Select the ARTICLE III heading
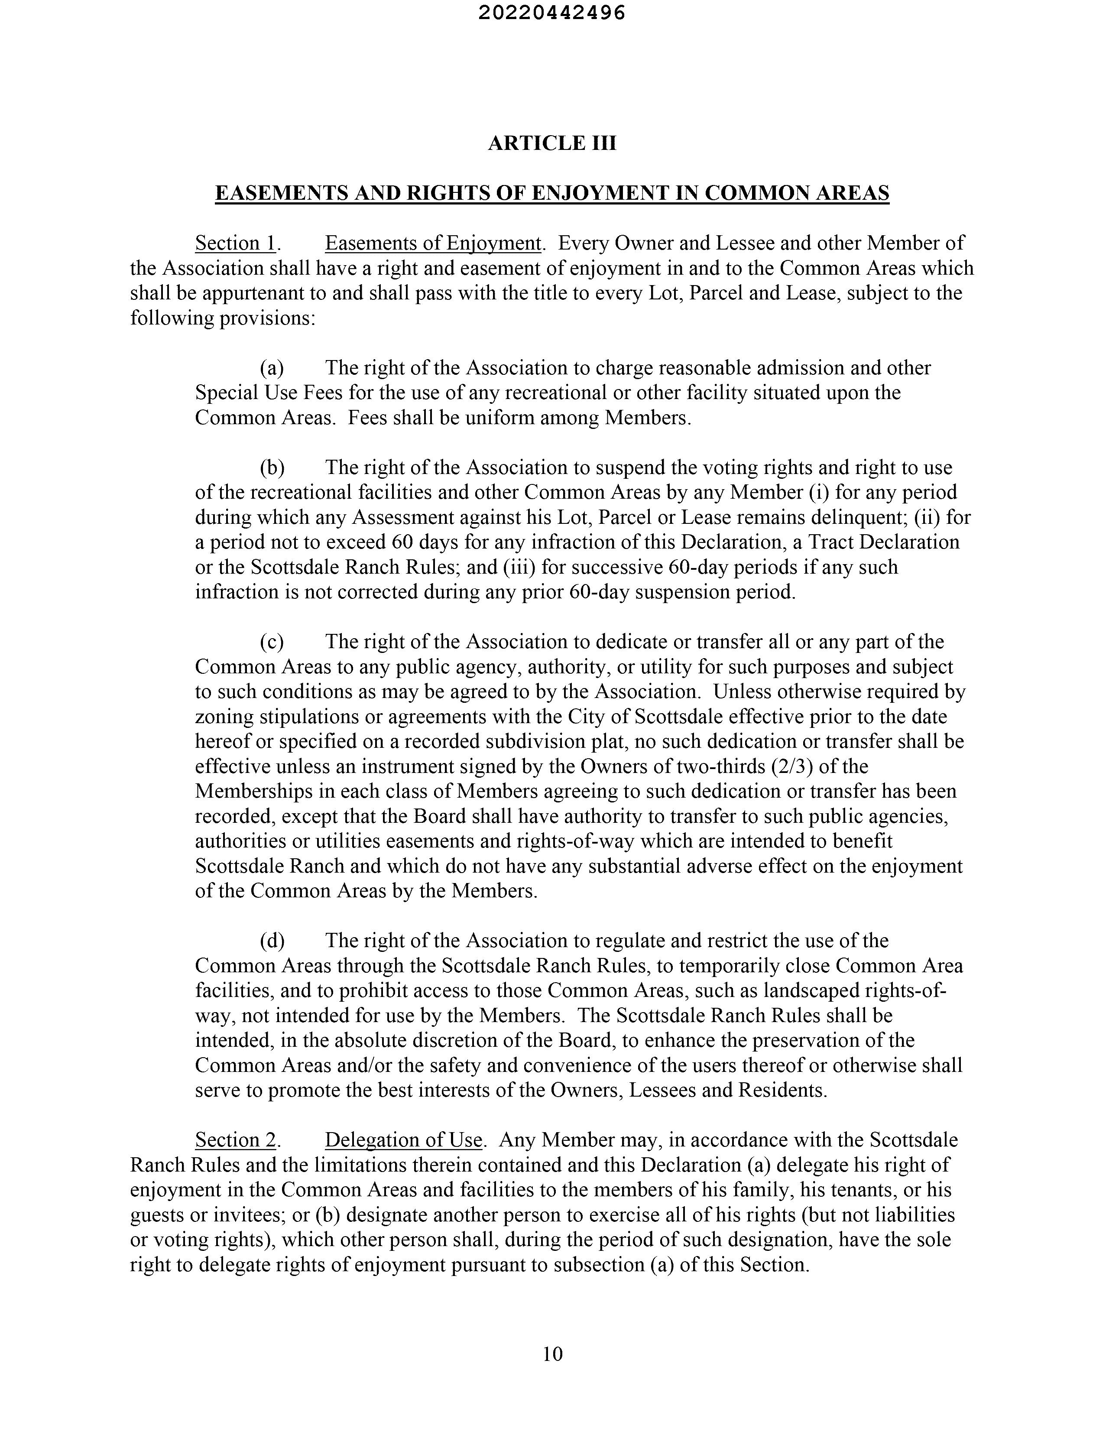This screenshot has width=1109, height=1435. click(x=552, y=143)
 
